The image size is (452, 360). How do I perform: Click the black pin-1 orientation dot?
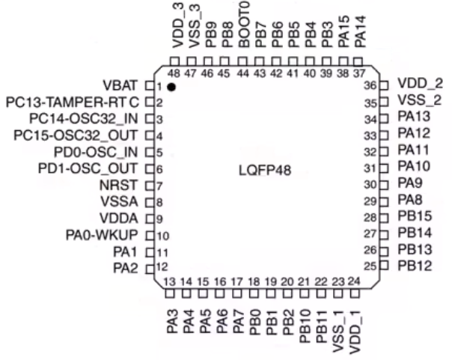[x=172, y=87]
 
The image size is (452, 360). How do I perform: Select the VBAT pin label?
[x=121, y=85]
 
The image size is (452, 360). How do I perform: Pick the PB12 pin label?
[x=415, y=266]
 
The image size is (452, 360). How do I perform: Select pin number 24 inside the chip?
[x=355, y=281]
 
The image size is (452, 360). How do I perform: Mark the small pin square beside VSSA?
[x=149, y=201]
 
